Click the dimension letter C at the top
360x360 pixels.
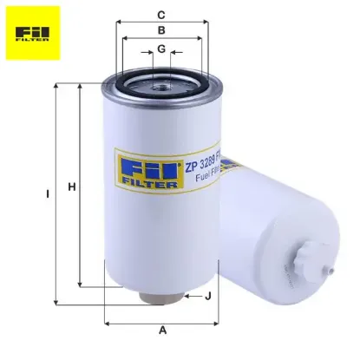pos(161,14)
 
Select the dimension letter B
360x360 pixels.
pos(161,30)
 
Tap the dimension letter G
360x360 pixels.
pos(161,49)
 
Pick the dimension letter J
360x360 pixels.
pos(209,297)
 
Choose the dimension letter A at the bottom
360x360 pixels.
pos(162,331)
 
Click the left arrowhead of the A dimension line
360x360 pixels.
pos(107,322)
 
